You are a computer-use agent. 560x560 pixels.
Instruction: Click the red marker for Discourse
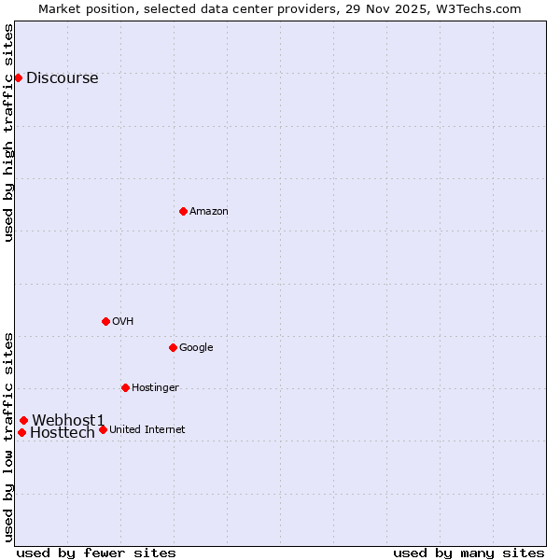[x=18, y=77]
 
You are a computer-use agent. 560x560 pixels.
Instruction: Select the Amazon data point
[x=183, y=211]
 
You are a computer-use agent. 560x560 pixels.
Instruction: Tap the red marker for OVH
[x=105, y=321]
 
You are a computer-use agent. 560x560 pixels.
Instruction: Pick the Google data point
[x=173, y=347]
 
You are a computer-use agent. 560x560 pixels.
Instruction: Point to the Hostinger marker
[x=125, y=387]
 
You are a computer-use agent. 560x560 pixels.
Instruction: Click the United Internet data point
[x=103, y=429]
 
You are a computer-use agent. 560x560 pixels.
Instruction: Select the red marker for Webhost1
[x=23, y=420]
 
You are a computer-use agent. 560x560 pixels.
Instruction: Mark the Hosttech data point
[x=21, y=432]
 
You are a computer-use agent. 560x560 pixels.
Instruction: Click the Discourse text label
[x=62, y=78]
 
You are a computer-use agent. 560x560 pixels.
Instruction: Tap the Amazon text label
[x=208, y=212]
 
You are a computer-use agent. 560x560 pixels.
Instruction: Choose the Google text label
[x=196, y=348]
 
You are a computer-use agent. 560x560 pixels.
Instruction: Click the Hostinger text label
[x=155, y=388]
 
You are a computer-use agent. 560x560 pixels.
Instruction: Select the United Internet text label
[x=147, y=430]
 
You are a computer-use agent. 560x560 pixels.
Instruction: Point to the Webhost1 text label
[x=68, y=421]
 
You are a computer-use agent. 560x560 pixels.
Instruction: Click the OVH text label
[x=122, y=322]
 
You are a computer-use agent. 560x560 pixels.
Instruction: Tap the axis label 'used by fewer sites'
[x=96, y=553]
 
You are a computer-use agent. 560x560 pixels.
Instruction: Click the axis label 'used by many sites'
[x=469, y=553]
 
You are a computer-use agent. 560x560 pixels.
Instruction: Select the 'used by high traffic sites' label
[x=9, y=133]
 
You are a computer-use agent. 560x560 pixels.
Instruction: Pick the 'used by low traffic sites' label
[x=9, y=437]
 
